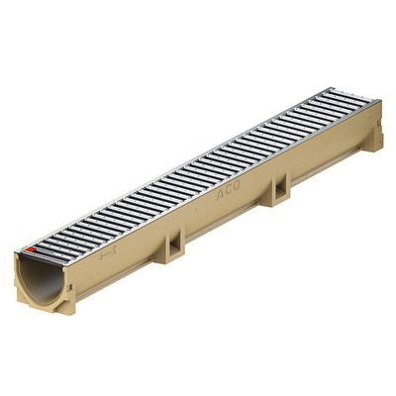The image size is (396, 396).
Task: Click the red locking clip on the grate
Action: [32, 249]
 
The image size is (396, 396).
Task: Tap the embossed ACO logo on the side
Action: [228, 191]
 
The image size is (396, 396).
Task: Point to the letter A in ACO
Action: [220, 195]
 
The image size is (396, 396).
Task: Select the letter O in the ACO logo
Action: [236, 186]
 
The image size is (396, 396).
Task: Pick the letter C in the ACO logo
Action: [229, 191]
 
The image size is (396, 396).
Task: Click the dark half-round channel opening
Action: [42, 279]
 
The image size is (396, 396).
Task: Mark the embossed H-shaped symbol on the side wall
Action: [107, 252]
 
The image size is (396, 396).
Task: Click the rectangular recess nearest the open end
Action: [175, 245]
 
